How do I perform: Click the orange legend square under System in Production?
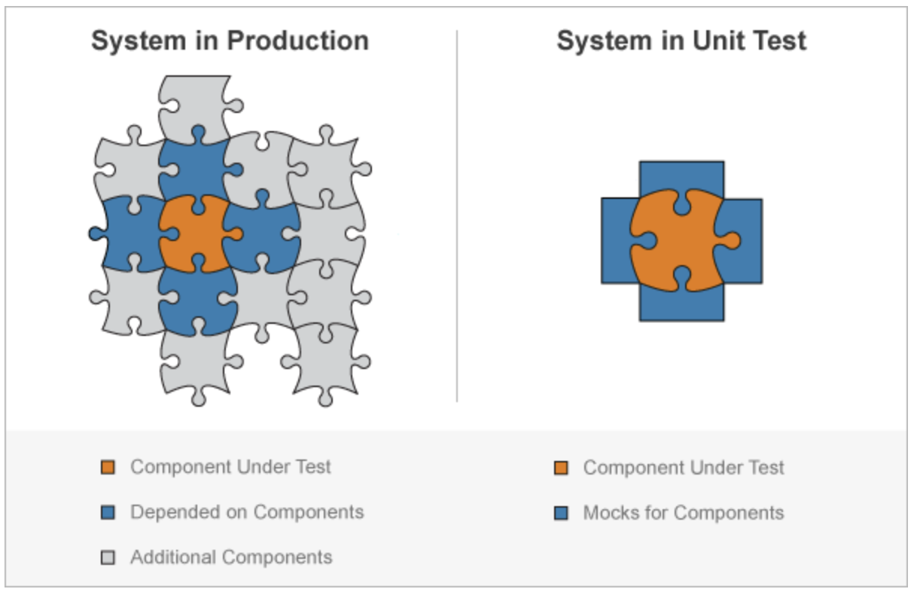108,468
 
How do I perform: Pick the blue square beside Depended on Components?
108,513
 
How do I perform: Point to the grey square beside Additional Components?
108,558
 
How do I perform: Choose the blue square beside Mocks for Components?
561,514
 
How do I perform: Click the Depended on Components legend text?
247,513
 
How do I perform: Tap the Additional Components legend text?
231,558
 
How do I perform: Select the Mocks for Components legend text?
684,514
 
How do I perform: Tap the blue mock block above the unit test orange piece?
681,175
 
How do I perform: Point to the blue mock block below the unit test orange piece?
681,307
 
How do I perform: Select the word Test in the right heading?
778,41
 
